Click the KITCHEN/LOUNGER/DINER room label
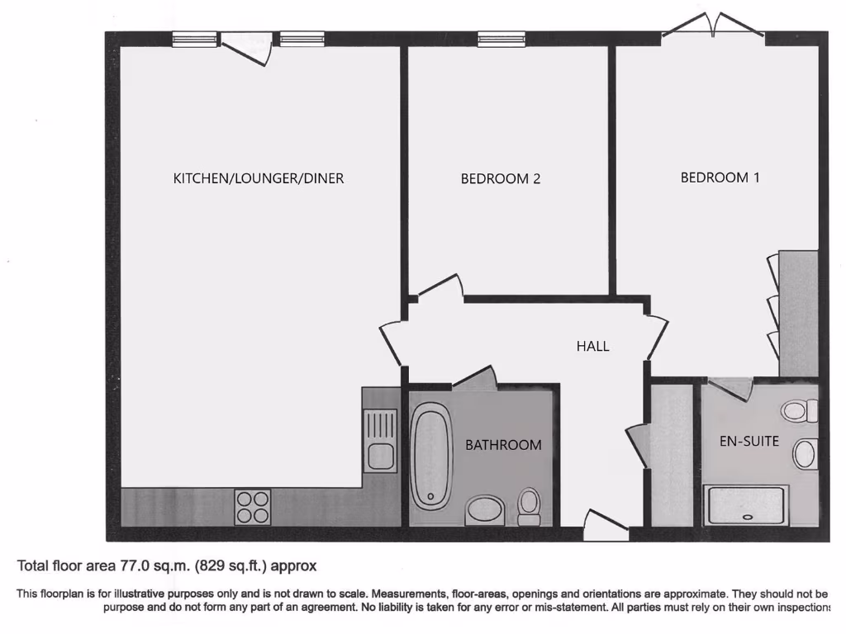258,178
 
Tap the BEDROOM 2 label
500,178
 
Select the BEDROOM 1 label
720,177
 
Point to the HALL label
592,347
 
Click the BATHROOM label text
503,445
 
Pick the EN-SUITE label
749,441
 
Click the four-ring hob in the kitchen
253,506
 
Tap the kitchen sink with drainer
381,442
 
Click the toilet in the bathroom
529,505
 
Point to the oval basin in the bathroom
485,509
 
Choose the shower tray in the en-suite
745,505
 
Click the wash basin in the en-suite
805,453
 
